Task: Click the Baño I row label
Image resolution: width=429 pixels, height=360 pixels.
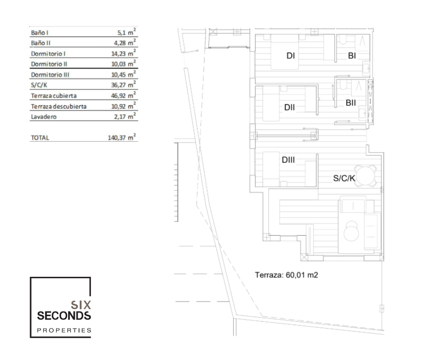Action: click(x=40, y=33)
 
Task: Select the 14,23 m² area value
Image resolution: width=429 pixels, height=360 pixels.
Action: click(x=123, y=53)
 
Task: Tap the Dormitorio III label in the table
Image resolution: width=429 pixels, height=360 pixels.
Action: click(x=50, y=75)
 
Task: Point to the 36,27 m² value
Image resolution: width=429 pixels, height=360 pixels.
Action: click(x=123, y=85)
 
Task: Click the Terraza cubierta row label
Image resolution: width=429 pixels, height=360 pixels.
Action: click(x=54, y=96)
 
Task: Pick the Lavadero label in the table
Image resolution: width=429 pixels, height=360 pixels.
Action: click(x=44, y=117)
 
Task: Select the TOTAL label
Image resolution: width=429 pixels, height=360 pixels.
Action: click(x=40, y=138)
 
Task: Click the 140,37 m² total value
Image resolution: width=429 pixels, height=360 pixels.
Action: click(x=122, y=137)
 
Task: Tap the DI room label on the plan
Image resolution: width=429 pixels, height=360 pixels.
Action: click(x=291, y=56)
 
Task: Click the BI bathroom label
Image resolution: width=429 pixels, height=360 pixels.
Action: click(x=352, y=56)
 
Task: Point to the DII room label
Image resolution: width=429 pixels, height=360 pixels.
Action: click(x=289, y=107)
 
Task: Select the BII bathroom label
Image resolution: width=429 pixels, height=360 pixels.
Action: click(x=351, y=103)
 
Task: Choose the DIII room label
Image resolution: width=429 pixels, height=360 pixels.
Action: click(x=288, y=160)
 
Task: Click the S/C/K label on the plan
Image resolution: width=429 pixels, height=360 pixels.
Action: click(x=344, y=179)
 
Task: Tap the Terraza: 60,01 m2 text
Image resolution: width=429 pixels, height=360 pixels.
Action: click(x=287, y=275)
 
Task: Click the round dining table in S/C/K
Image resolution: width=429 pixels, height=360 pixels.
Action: click(x=366, y=175)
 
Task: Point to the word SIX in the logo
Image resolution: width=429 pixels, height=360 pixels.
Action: click(x=81, y=305)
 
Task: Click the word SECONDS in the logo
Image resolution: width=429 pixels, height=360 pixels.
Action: click(x=64, y=316)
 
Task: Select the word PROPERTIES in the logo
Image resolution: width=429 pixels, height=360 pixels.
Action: click(x=64, y=330)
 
